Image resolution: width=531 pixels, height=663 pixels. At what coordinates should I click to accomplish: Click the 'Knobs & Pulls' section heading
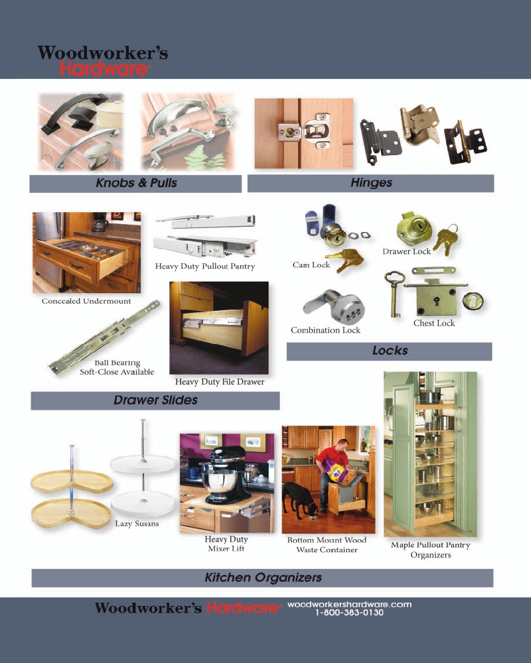point(136,183)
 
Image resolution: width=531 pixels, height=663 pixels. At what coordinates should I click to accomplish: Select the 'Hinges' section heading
point(371,183)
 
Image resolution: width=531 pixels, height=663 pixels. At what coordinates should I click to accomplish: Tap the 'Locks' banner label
point(390,351)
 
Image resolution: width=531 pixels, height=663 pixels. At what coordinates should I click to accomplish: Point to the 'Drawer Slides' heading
point(155,400)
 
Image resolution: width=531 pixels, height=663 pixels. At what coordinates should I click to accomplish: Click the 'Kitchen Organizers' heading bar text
point(263,577)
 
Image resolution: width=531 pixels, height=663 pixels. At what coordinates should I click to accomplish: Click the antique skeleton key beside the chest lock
point(394,294)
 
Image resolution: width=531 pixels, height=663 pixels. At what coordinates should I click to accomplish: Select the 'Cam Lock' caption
point(311,265)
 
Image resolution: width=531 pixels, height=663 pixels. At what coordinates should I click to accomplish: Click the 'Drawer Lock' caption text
point(406,251)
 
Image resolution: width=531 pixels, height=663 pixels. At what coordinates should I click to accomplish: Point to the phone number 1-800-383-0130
point(349,613)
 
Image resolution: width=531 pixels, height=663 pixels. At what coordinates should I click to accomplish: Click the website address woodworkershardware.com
point(349,604)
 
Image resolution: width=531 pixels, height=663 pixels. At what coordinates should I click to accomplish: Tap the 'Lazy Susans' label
point(137,524)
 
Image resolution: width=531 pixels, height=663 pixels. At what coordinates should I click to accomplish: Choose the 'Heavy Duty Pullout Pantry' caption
point(205,267)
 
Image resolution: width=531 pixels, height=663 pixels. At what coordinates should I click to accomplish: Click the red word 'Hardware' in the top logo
point(104,69)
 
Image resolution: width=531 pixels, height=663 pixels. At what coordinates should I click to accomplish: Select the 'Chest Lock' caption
point(434,324)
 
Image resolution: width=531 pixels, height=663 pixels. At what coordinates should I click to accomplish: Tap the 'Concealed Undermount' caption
point(86,301)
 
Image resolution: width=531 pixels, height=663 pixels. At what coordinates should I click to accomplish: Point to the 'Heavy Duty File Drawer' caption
point(220,382)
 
